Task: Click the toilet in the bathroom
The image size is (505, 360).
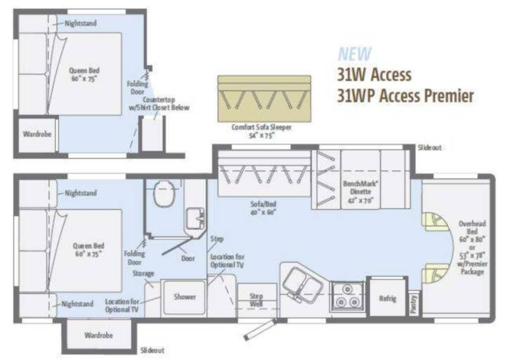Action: pyautogui.click(x=164, y=194)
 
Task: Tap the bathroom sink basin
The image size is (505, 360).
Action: pyautogui.click(x=195, y=218)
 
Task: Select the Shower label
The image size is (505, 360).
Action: pyautogui.click(x=185, y=297)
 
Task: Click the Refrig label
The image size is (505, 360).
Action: pyautogui.click(x=387, y=298)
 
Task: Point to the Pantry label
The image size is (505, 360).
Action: pyautogui.click(x=414, y=304)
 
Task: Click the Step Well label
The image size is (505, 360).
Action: pyautogui.click(x=257, y=300)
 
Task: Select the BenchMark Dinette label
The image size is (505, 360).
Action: pyautogui.click(x=361, y=192)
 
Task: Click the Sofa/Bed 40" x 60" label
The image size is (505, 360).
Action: pyautogui.click(x=264, y=208)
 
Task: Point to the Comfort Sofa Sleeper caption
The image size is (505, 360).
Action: pyautogui.click(x=262, y=131)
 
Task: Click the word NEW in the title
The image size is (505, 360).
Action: pyautogui.click(x=355, y=54)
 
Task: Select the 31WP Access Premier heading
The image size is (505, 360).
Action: pyautogui.click(x=405, y=95)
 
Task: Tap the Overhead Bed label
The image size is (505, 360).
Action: pyautogui.click(x=472, y=227)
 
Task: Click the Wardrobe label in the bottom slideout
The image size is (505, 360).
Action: pyautogui.click(x=99, y=335)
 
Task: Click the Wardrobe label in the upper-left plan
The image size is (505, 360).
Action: pyautogui.click(x=37, y=134)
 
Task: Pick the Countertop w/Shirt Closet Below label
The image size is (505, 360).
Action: pyautogui.click(x=159, y=103)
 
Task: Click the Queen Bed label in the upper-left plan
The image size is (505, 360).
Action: pyautogui.click(x=84, y=74)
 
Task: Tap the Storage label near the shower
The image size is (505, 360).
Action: pyautogui.click(x=143, y=274)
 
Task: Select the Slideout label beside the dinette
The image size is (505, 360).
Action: pyautogui.click(x=430, y=147)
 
